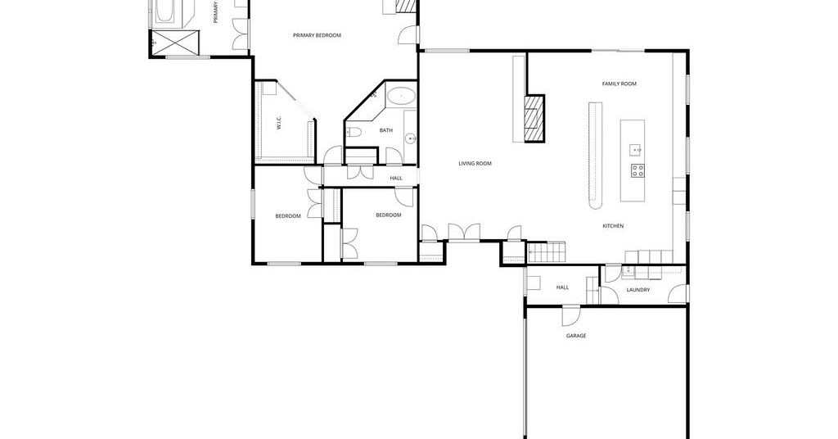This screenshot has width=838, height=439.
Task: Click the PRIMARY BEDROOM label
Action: point(317,35)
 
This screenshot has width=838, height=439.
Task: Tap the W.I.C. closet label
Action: point(279,123)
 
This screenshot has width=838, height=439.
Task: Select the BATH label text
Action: point(386,130)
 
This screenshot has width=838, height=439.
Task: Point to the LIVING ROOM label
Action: point(475,164)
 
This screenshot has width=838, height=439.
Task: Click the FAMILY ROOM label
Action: point(619,84)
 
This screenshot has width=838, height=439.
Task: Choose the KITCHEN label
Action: point(613,226)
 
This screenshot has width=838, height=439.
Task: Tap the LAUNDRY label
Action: point(638,290)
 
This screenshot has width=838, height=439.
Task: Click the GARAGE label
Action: point(576,336)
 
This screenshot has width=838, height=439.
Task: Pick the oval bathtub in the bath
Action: point(401,97)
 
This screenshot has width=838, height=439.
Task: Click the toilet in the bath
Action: point(354,132)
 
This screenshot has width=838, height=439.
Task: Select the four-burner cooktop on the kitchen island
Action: point(637,170)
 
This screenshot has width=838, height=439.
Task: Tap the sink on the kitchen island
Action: point(635,150)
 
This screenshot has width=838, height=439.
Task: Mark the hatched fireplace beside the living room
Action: point(534,118)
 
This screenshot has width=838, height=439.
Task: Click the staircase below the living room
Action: point(546,251)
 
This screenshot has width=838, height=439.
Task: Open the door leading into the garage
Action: point(570,315)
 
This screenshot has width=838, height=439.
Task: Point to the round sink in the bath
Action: point(411,138)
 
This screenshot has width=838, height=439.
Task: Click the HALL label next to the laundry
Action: point(562,287)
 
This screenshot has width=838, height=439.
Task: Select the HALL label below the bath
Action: point(396,178)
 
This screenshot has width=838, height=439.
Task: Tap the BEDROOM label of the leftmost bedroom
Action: point(288,216)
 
